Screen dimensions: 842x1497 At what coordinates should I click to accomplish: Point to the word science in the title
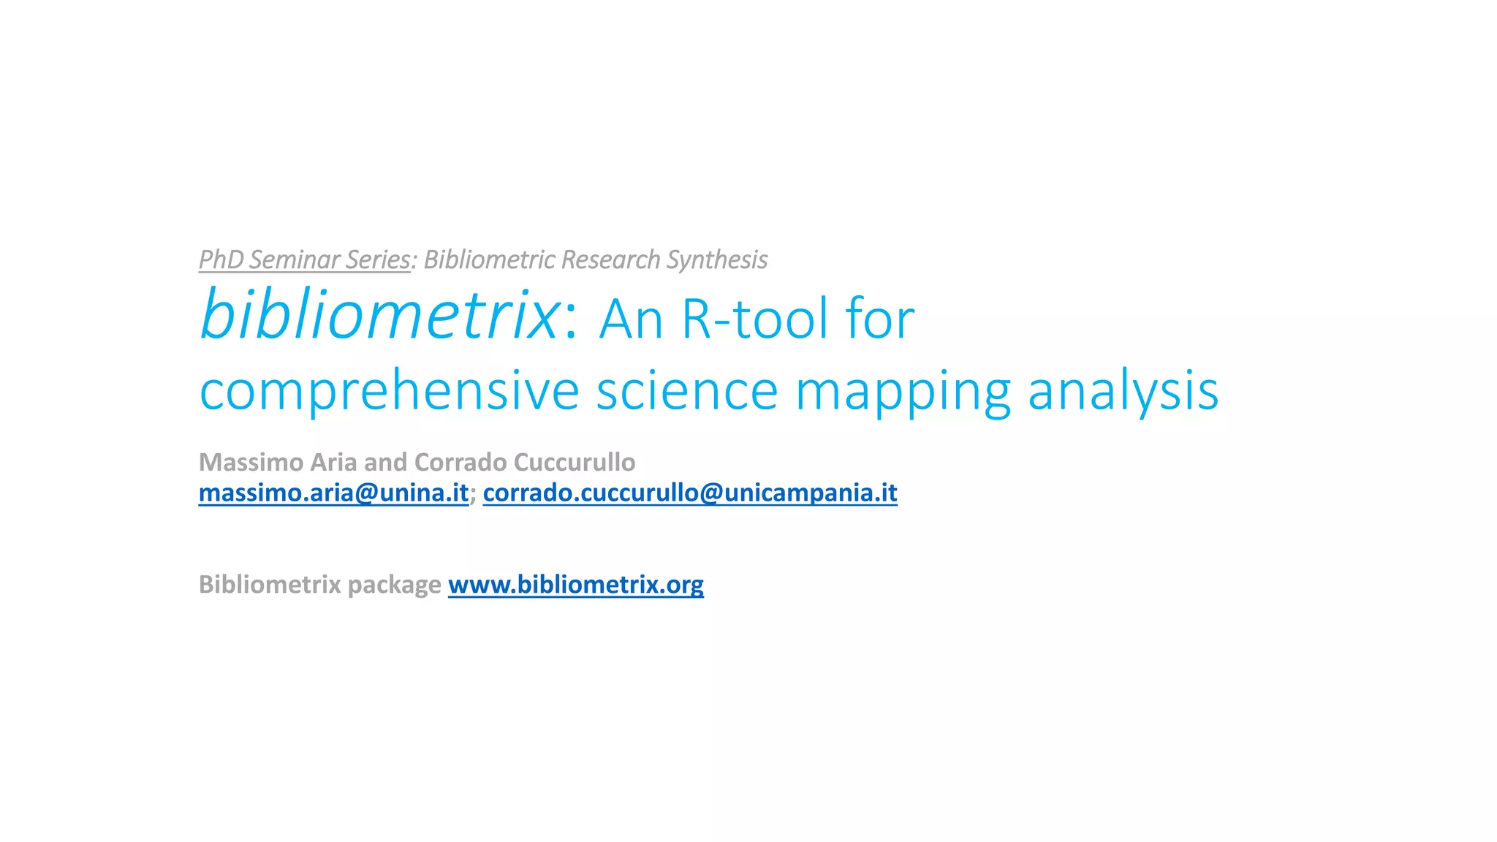tap(687, 391)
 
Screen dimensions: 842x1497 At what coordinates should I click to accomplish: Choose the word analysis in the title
tap(1123, 391)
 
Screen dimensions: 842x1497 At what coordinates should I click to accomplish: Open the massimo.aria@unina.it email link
tap(333, 493)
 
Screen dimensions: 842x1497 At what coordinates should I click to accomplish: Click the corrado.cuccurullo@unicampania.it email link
tap(690, 493)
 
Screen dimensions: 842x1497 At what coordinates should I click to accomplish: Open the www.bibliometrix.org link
tap(576, 585)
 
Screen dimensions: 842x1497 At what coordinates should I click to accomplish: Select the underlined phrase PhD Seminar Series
tap(304, 259)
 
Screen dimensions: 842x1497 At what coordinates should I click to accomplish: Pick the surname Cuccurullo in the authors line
tap(575, 462)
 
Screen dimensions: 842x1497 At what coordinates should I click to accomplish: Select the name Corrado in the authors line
tap(461, 462)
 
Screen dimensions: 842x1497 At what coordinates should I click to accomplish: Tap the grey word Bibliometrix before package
tap(270, 585)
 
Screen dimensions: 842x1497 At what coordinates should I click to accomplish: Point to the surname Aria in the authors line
tap(333, 462)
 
